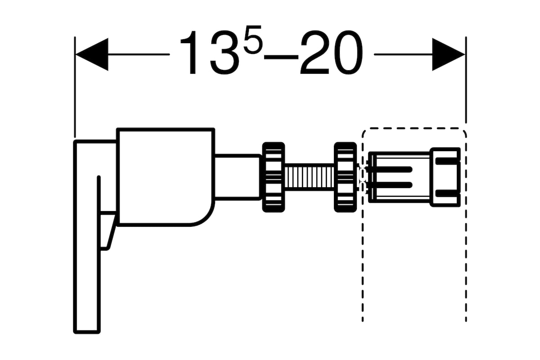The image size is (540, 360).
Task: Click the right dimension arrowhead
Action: [448, 54]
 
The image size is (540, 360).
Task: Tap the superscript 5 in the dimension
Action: [252, 39]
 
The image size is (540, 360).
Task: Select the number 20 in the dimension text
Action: [332, 52]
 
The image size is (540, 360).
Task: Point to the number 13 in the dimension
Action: [210, 52]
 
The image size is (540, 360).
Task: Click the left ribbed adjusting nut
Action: [274, 177]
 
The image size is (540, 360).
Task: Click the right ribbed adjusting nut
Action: [345, 177]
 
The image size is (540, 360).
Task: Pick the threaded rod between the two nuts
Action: [310, 177]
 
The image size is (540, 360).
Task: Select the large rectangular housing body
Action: [166, 177]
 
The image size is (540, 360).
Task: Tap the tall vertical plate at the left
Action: [87, 237]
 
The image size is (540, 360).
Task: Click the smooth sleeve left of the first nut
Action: [238, 177]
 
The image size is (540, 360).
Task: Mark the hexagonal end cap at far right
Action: [445, 177]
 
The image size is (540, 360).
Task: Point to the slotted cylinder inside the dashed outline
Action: [400, 177]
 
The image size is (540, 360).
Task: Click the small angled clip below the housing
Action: [108, 231]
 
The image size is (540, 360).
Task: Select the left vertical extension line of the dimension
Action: [75, 87]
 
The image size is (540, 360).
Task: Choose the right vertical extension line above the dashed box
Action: [466, 80]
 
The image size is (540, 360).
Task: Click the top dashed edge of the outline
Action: [414, 128]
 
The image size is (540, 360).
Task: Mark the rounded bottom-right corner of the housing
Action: [205, 217]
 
